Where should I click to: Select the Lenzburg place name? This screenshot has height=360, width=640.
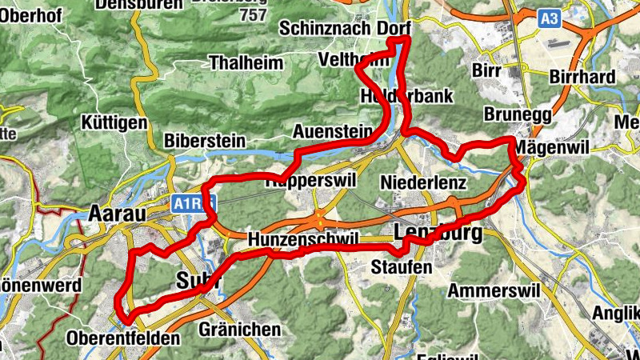click(x=439, y=234)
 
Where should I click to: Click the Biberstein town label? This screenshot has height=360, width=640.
click(x=204, y=140)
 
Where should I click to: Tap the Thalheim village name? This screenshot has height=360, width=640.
click(x=246, y=62)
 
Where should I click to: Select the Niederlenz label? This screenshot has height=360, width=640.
click(x=423, y=182)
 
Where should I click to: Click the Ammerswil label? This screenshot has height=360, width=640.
click(x=490, y=290)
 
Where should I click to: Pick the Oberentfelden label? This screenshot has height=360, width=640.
click(x=124, y=338)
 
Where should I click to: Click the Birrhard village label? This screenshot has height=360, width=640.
click(x=582, y=77)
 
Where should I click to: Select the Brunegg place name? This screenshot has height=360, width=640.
click(x=518, y=115)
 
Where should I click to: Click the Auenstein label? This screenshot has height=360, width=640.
click(x=333, y=130)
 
